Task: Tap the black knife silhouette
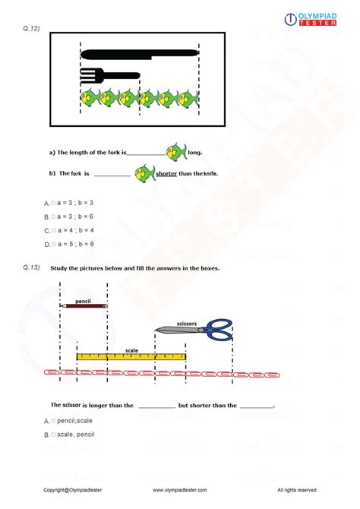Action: (139, 55)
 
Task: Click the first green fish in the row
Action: (90, 97)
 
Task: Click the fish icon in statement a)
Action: (175, 150)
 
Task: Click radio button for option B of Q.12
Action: (53, 217)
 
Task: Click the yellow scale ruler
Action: (131, 356)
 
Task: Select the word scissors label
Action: (186, 323)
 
